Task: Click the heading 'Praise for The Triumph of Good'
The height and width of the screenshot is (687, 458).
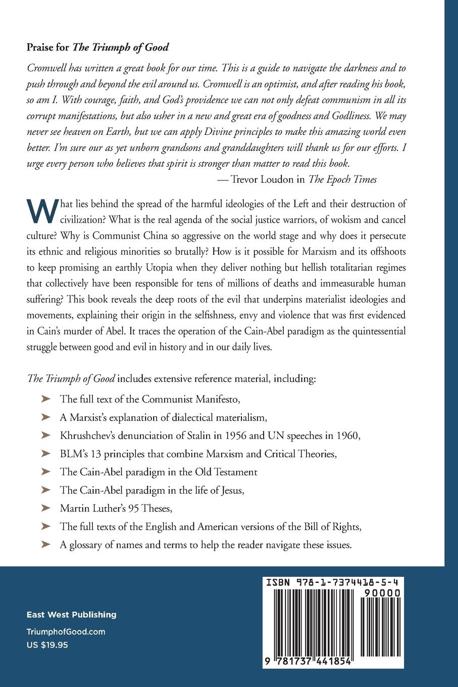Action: pyautogui.click(x=97, y=48)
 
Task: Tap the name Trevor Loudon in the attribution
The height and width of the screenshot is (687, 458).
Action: pyautogui.click(x=268, y=179)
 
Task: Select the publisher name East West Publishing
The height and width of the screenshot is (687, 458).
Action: pyautogui.click(x=72, y=615)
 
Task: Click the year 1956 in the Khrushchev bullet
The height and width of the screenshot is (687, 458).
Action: pyautogui.click(x=272, y=435)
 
